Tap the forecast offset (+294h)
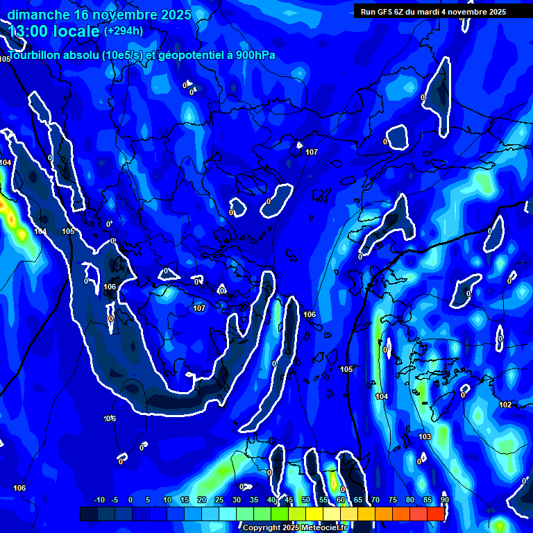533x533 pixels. (124, 31)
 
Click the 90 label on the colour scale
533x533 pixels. (444, 500)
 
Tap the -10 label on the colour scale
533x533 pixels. (99, 500)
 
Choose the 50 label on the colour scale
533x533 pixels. (306, 500)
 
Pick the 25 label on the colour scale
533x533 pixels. (219, 500)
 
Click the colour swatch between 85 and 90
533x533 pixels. (436, 514)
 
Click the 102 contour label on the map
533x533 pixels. (505, 405)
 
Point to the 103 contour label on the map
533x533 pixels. (425, 437)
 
